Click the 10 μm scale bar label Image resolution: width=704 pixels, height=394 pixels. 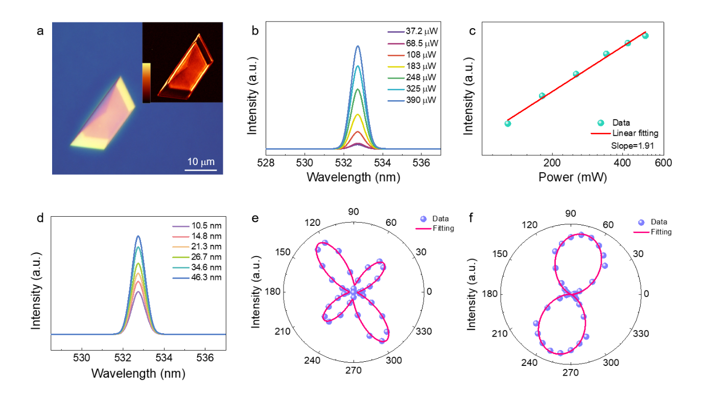200,162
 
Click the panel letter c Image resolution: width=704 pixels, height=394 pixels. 473,31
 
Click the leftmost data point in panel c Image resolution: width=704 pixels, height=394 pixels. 508,123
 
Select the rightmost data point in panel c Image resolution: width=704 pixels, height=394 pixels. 645,36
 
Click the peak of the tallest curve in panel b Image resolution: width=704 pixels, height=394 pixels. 358,46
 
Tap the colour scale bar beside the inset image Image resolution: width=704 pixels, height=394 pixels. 146,82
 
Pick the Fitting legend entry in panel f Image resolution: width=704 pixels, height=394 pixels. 661,232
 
